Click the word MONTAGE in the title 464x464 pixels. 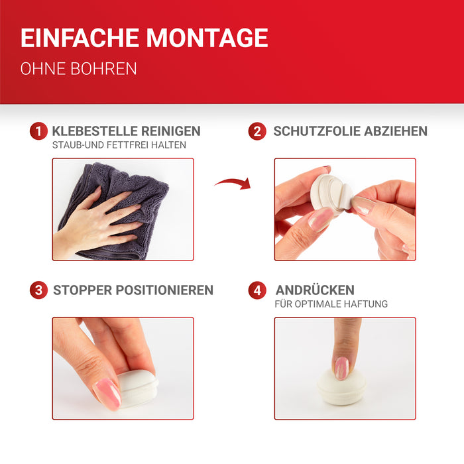click(x=207, y=38)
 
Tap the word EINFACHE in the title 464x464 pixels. click(x=80, y=38)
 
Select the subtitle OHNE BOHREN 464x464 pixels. click(x=78, y=69)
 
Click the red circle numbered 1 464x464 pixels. click(x=38, y=131)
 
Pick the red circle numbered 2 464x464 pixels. click(x=257, y=131)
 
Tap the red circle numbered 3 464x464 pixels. click(x=38, y=290)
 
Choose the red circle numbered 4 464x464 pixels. click(x=257, y=290)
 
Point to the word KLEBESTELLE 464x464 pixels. click(x=95, y=131)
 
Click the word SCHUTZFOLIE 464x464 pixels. click(x=317, y=131)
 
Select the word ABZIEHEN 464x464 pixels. click(x=396, y=131)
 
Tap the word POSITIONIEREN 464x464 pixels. click(x=164, y=290)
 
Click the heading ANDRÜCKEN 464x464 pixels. click(x=315, y=290)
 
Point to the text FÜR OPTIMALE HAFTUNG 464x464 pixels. click(x=331, y=304)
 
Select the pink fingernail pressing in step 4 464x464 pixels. click(x=342, y=368)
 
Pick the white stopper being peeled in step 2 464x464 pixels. click(x=330, y=194)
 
